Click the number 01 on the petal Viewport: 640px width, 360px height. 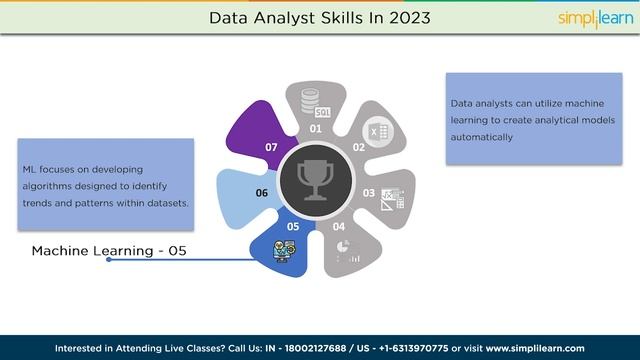click(x=315, y=129)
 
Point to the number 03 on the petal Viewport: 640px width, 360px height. click(x=368, y=193)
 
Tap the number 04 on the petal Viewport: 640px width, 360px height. click(x=338, y=227)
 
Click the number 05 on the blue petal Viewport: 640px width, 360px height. click(x=293, y=227)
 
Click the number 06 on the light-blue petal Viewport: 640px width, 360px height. click(x=262, y=193)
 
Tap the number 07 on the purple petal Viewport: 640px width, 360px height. click(x=271, y=147)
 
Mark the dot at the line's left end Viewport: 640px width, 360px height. click(x=109, y=260)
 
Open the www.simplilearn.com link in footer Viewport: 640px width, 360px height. click(x=535, y=348)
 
